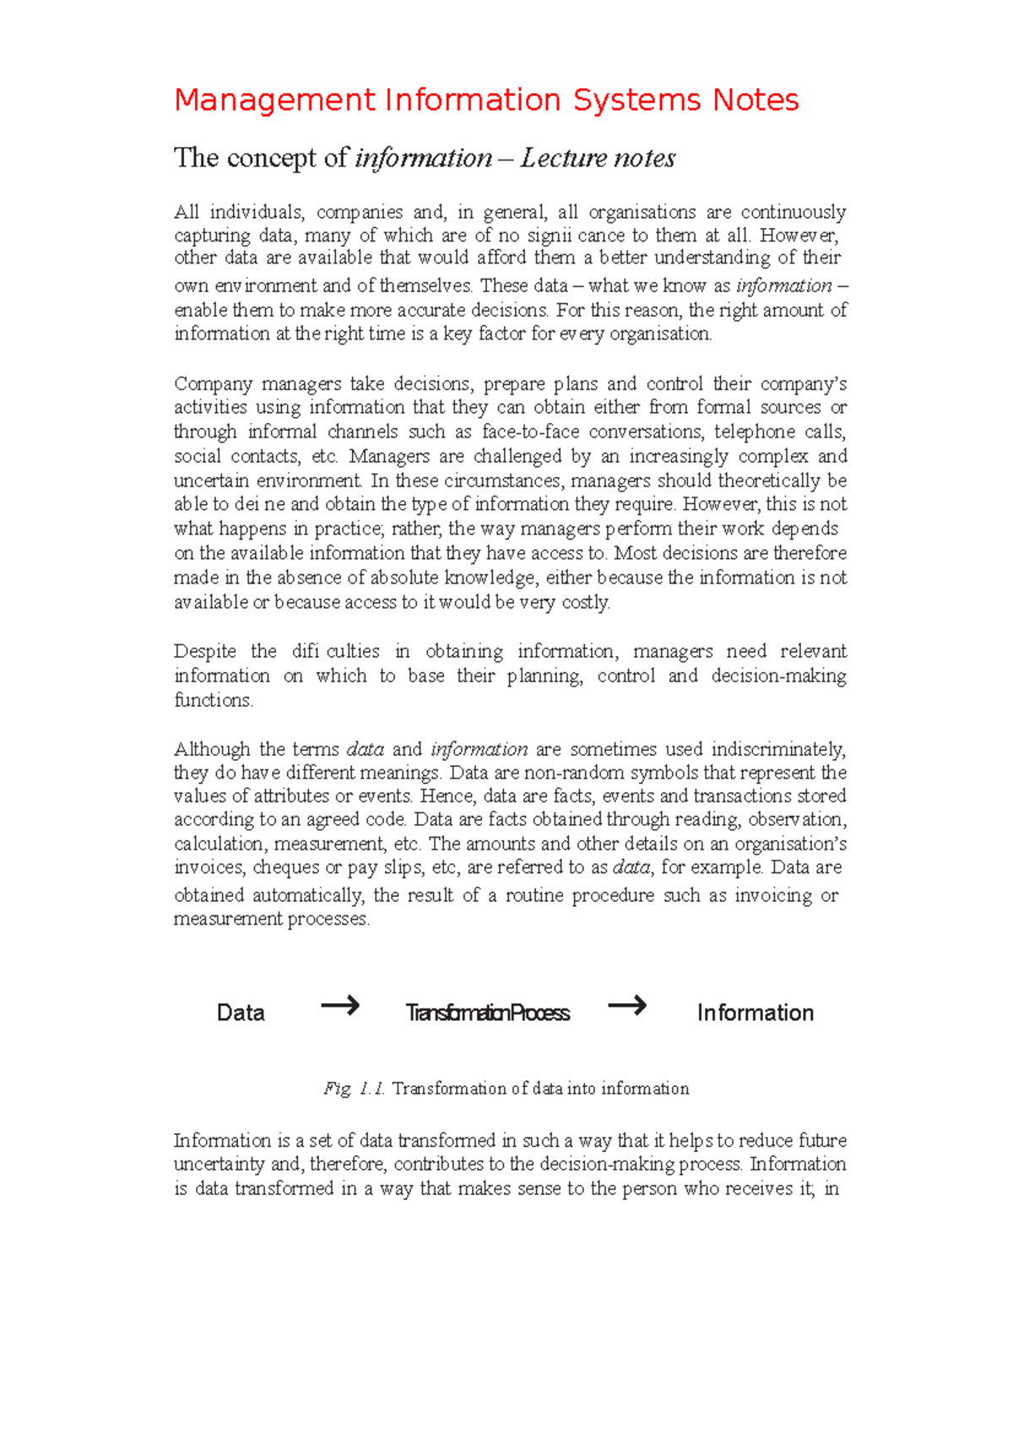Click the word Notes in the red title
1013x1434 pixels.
(755, 100)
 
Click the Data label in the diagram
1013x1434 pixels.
(241, 1013)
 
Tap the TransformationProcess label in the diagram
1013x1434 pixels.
(487, 1013)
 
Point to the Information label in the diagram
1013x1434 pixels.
(755, 1013)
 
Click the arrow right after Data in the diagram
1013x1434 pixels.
(340, 1006)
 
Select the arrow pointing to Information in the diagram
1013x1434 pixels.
(626, 1006)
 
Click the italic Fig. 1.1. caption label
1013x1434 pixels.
(354, 1089)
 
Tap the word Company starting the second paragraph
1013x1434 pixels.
(213, 384)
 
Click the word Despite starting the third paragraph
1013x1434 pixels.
(204, 651)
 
